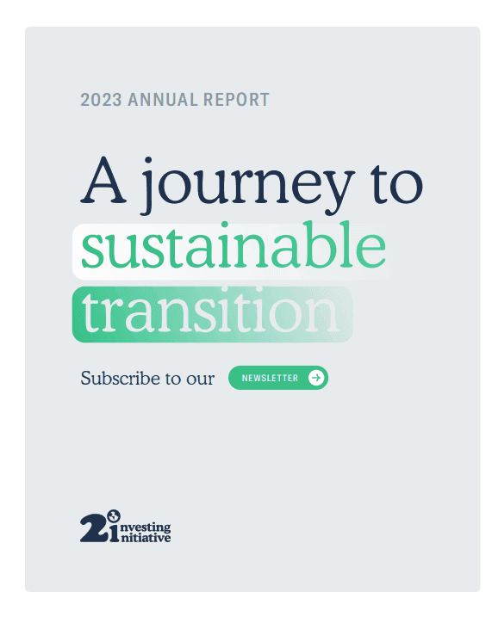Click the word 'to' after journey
392,182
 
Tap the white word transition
211,314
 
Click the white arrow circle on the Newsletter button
316,378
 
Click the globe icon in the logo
112,515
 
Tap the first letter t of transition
90,314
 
